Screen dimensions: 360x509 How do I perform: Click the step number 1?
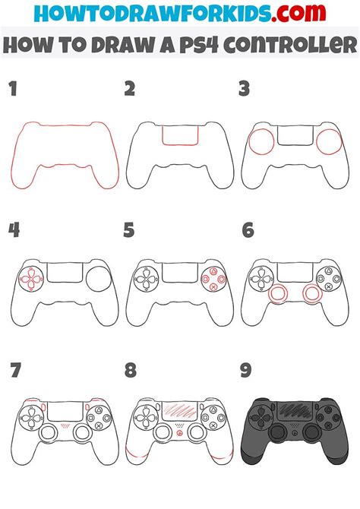point(14,89)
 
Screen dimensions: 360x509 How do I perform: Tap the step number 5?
point(129,230)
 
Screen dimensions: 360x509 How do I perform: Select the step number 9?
point(246,370)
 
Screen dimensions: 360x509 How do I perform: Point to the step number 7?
point(15,370)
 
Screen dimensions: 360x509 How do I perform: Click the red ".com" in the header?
point(298,13)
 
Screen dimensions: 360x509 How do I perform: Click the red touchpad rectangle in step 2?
point(180,144)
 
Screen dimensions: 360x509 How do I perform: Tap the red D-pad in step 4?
point(31,279)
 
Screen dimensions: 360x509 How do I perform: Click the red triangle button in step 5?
point(213,271)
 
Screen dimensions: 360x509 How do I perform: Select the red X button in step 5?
point(213,286)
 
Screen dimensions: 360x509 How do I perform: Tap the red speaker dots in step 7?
point(65,425)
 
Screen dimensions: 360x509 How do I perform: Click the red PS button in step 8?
point(179,433)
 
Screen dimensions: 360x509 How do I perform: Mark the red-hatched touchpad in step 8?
point(179,410)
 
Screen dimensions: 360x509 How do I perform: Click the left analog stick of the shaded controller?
point(277,432)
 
